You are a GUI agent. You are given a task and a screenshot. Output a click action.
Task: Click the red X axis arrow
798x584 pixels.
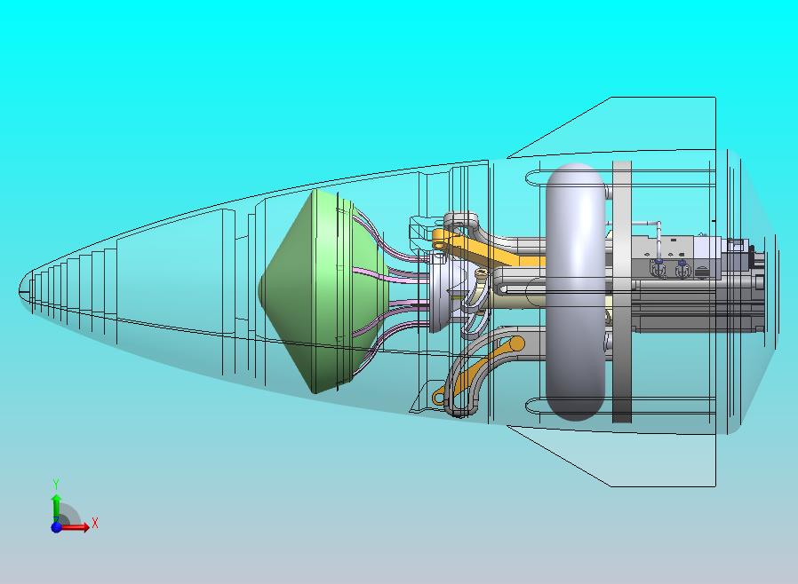pyautogui.click(x=74, y=527)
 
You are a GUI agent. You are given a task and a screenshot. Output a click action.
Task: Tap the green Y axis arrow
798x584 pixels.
pyautogui.click(x=56, y=509)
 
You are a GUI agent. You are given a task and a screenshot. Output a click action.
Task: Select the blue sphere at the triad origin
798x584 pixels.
pyautogui.click(x=57, y=527)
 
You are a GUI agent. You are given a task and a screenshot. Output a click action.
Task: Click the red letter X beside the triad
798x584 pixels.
pyautogui.click(x=95, y=523)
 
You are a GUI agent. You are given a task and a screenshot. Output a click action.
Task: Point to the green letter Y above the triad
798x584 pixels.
pyautogui.click(x=56, y=484)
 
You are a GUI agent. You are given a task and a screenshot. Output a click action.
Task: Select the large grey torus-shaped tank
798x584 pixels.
pyautogui.click(x=576, y=291)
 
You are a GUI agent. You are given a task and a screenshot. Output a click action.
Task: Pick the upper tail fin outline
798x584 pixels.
pyautogui.click(x=610, y=127)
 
